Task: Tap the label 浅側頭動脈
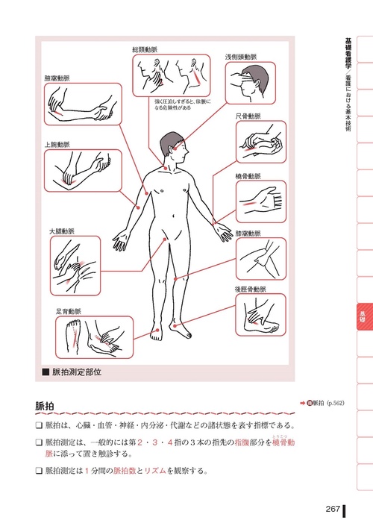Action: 241,57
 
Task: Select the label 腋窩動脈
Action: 57,78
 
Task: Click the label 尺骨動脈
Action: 248,116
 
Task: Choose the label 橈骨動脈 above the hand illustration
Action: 248,176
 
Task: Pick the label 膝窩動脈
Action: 248,233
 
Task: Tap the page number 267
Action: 333,509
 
